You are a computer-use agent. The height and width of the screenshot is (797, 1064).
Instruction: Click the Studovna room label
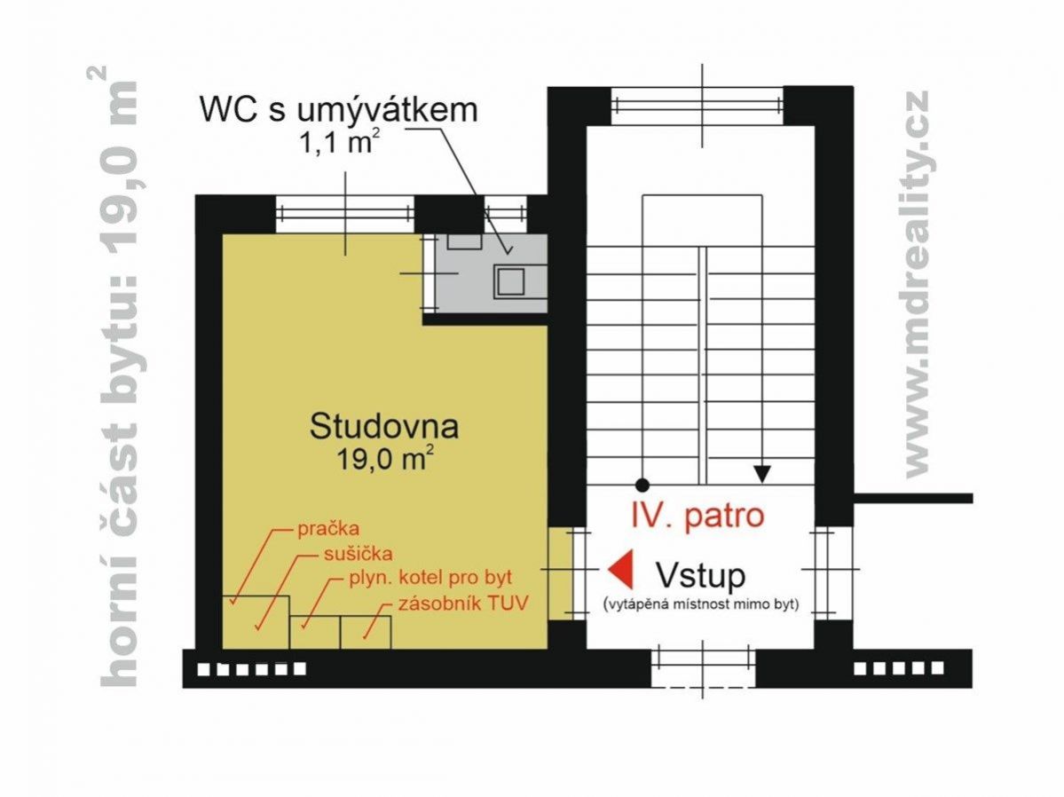[384, 426]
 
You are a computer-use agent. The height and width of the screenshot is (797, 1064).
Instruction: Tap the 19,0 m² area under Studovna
[385, 460]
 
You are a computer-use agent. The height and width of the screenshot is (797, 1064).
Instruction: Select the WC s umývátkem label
[339, 109]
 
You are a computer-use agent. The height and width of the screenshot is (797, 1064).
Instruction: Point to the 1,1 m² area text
[339, 142]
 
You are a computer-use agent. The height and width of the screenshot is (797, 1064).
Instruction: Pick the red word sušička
[358, 553]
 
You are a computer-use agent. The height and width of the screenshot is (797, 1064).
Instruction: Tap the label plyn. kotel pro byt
[430, 579]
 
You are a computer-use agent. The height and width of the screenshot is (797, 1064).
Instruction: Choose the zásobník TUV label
[463, 604]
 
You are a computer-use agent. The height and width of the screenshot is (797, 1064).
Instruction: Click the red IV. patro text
[698, 516]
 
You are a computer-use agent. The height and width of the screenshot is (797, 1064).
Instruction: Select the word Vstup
[699, 576]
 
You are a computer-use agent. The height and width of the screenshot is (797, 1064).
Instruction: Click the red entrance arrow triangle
[620, 569]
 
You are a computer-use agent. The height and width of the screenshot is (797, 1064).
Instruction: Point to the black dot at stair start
[642, 485]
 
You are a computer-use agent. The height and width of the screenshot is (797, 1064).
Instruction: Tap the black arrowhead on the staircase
[762, 473]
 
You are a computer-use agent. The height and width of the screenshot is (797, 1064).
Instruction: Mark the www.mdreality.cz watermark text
[918, 284]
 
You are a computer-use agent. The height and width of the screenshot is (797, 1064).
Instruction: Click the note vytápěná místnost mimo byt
[701, 604]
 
